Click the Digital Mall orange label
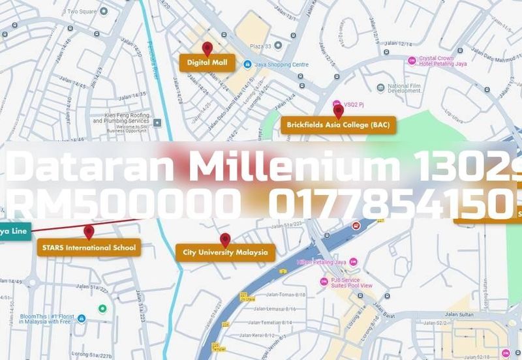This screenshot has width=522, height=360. click(207, 63)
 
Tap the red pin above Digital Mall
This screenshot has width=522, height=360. click(207, 48)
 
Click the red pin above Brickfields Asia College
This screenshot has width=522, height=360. click(338, 111)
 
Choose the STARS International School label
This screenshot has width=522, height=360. click(89, 247)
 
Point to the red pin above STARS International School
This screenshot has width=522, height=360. click(89, 232)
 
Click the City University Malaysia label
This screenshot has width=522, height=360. click(225, 252)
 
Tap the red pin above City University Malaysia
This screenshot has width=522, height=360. click(225, 239)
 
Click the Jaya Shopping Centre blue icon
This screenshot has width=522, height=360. click(247, 65)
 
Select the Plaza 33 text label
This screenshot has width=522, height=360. click(260, 46)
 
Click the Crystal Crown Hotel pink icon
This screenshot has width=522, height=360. click(412, 61)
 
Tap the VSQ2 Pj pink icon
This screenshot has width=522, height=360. click(337, 104)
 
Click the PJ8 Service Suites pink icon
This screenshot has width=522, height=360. click(324, 282)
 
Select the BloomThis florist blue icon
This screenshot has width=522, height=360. click(82, 319)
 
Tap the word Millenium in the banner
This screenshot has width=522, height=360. click(294, 168)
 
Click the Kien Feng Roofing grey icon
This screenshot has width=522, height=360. click(157, 121)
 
